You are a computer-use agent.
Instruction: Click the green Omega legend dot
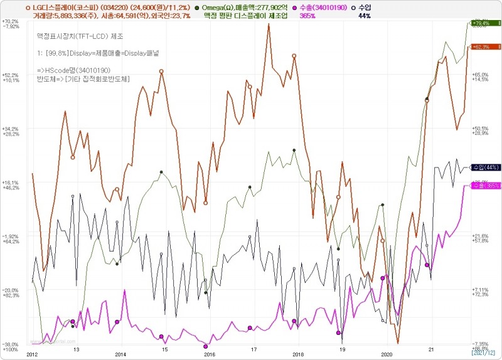point(198,6)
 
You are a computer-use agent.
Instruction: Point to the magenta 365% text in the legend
point(307,16)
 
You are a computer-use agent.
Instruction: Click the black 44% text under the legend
point(364,16)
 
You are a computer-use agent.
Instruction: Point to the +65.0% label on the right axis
point(480,75)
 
